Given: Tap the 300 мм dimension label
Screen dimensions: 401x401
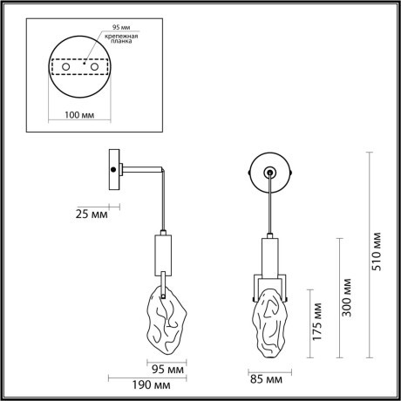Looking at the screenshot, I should click(x=346, y=297).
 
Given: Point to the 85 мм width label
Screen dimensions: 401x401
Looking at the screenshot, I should click(x=267, y=380).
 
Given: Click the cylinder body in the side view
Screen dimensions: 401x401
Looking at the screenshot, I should click(x=163, y=254).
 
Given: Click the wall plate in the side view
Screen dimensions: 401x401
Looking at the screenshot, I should click(x=113, y=171).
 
